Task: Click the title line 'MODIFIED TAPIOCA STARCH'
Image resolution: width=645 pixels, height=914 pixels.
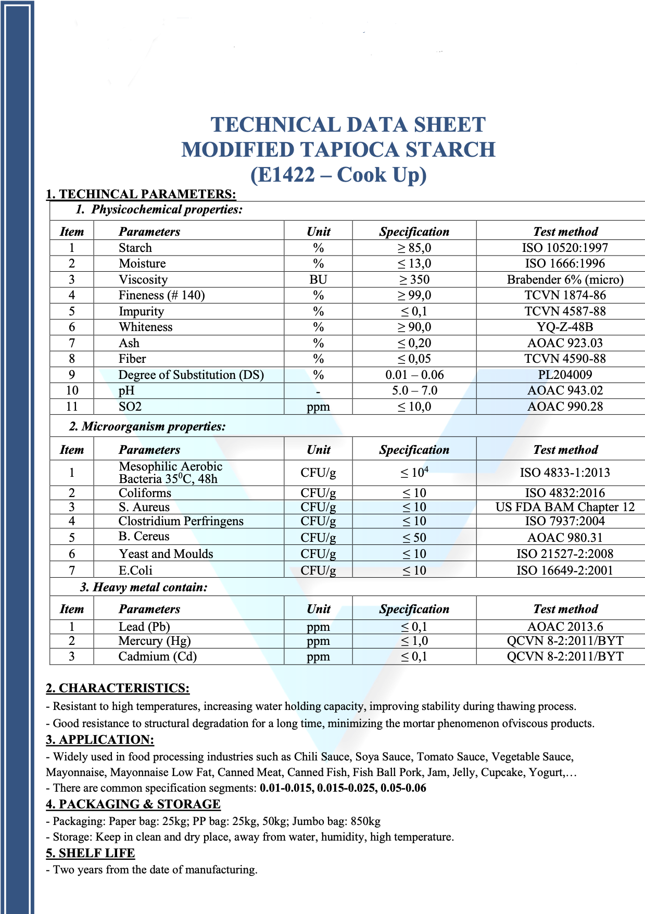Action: pos(338,150)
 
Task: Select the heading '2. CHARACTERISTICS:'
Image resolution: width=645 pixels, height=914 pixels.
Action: pos(118,688)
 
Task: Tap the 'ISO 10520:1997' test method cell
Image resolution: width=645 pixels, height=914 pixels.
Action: pos(565,248)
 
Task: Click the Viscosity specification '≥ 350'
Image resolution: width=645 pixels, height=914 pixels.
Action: pos(414,280)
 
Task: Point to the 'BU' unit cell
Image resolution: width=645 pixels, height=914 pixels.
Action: pos(318,280)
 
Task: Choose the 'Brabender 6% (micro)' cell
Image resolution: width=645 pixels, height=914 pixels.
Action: pos(565,280)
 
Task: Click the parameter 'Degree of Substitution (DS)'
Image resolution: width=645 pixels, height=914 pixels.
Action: pos(191,375)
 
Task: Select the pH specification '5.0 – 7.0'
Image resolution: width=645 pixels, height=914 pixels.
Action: pos(414,390)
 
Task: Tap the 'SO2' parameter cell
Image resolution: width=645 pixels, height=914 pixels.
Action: pos(130,407)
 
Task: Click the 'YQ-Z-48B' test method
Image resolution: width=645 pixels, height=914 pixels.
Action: pos(565,327)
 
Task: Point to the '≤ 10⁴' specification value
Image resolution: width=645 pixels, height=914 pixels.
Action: pos(414,473)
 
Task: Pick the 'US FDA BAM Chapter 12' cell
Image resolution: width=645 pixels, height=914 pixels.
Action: pos(565,507)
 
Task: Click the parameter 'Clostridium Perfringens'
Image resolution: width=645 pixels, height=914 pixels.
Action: pos(181,521)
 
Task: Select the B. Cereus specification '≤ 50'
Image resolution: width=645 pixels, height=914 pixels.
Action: pos(414,538)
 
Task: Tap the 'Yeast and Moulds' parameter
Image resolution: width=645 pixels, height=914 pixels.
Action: pos(166,554)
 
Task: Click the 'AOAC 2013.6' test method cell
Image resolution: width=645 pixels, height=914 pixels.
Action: pos(565,627)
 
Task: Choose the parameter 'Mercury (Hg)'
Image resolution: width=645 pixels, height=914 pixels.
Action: pos(155,641)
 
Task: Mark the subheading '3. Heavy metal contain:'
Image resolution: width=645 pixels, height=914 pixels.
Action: pos(144,588)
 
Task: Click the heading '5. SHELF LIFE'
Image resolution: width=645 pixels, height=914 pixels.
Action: pos(91,853)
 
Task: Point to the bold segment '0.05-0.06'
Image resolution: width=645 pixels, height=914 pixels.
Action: pos(403,788)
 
